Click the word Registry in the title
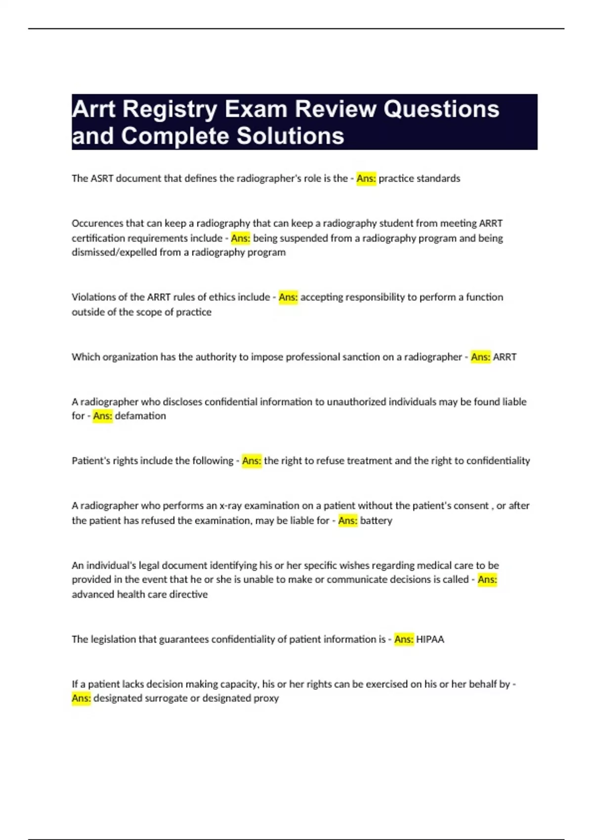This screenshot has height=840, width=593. coord(169,109)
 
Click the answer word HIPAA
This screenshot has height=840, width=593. coord(430,639)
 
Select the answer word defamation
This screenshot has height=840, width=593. coord(140,416)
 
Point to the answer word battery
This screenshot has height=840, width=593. coord(376,520)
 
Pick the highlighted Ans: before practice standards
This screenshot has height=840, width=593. coord(366,178)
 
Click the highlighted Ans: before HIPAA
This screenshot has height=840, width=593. coord(404,639)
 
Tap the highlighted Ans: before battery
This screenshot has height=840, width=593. coord(348,520)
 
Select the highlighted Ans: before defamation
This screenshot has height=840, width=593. coord(103,416)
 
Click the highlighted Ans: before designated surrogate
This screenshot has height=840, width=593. coord(82,698)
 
